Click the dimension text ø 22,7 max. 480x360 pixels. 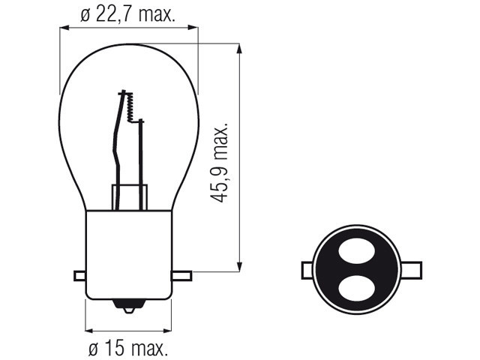click(128, 15)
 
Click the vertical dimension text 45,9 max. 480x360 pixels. click(220, 163)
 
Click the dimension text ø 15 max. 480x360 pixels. click(128, 348)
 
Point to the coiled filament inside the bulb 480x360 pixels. click(130, 107)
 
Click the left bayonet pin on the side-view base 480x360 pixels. click(80, 276)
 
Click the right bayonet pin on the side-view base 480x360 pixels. click(181, 276)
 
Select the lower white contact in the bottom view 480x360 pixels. click(357, 289)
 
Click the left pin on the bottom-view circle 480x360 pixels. click(307, 270)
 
